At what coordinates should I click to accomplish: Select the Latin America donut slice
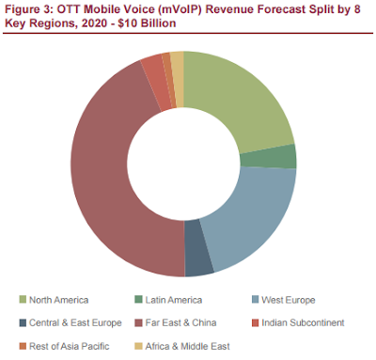(x=269, y=157)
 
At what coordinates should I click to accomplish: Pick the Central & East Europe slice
(x=196, y=248)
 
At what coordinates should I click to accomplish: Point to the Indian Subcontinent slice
(x=155, y=82)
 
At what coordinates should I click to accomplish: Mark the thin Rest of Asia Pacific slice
(x=169, y=81)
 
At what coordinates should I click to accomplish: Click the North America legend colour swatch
(x=23, y=300)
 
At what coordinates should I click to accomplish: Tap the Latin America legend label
(x=173, y=300)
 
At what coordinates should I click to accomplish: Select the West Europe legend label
(x=289, y=300)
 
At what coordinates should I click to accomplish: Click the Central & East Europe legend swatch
(x=23, y=322)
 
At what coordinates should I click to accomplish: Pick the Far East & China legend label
(x=180, y=322)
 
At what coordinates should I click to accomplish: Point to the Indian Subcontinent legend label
(x=303, y=322)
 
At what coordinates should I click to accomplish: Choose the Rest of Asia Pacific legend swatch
(x=23, y=346)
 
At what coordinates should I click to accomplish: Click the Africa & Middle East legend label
(x=187, y=346)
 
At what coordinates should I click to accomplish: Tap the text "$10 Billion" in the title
(x=147, y=23)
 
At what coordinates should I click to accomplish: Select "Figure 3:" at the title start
(x=29, y=9)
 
